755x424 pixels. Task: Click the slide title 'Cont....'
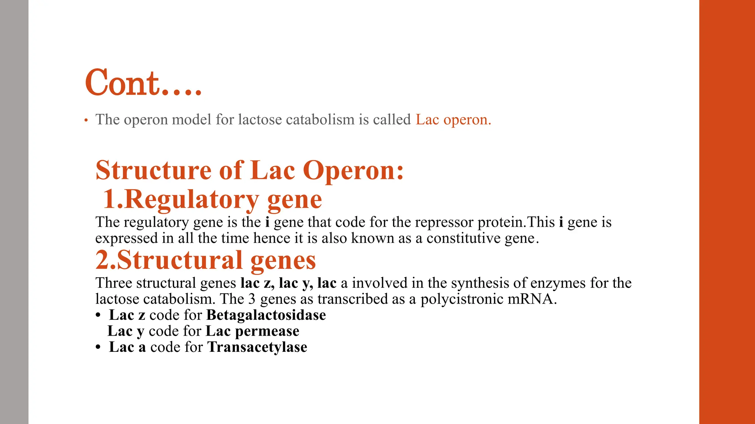(x=143, y=83)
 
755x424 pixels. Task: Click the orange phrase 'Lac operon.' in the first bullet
(x=453, y=120)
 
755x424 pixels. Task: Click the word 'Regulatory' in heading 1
(x=191, y=199)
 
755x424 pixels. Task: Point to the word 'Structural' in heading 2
(x=180, y=260)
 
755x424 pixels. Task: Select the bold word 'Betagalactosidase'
(x=266, y=315)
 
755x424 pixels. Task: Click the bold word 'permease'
(x=267, y=331)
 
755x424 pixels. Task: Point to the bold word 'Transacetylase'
(x=257, y=347)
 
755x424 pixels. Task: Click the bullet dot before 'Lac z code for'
(x=98, y=315)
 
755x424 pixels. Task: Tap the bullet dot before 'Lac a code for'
(x=98, y=347)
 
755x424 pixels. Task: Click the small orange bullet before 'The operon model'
(x=86, y=120)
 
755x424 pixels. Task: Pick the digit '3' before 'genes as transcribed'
(x=252, y=299)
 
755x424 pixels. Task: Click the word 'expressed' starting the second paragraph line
(x=126, y=239)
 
